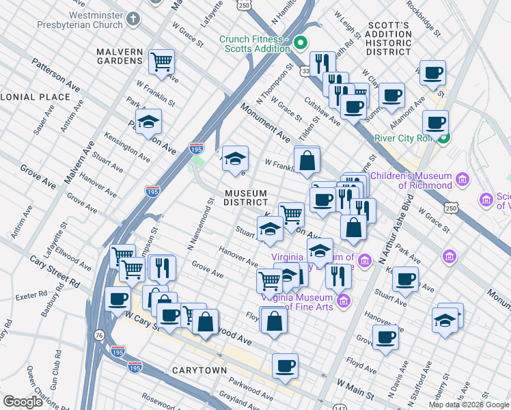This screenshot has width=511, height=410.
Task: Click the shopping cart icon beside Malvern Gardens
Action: [162, 61]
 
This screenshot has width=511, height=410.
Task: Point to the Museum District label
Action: [246, 197]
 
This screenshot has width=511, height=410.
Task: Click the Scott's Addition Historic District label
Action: [389, 39]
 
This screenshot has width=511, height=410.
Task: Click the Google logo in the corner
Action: [23, 402]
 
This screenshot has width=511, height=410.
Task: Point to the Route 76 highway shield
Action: [100, 335]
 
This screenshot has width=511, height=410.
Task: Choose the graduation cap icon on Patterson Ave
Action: [148, 122]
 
